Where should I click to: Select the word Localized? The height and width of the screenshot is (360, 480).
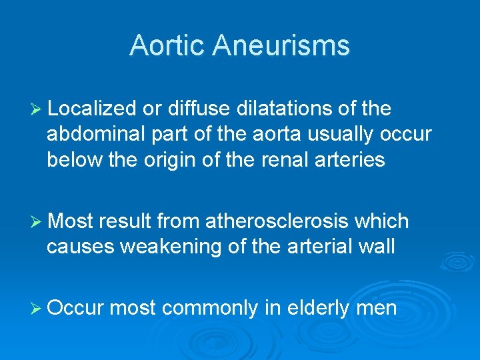coord(93,108)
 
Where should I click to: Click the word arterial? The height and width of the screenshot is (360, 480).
coord(319,247)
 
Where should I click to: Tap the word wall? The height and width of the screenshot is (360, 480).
coord(379,247)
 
